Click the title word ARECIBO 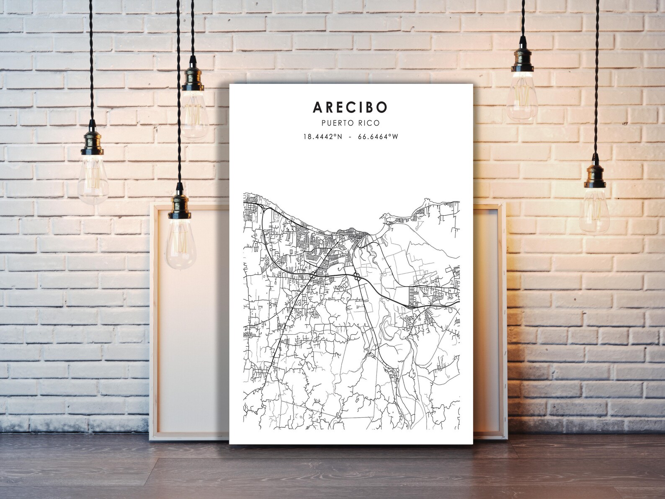point(350,107)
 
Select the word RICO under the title point(369,123)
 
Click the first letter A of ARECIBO point(317,107)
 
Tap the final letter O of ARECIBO point(382,107)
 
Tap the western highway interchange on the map point(314,274)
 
